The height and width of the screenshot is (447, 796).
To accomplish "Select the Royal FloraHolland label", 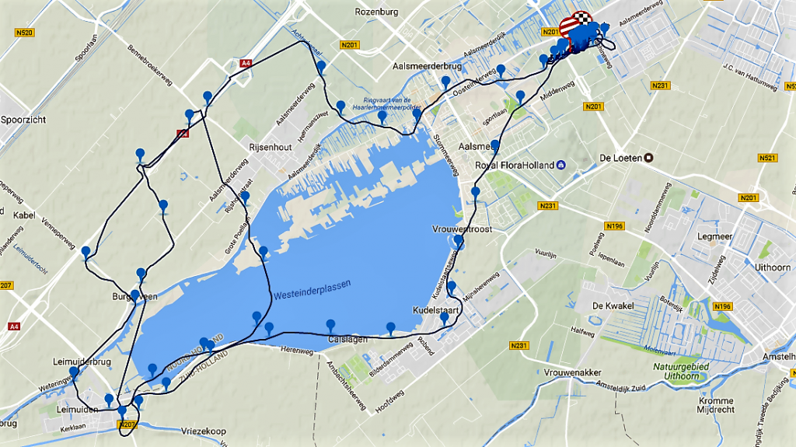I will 515,166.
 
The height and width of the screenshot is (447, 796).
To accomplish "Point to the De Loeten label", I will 620,158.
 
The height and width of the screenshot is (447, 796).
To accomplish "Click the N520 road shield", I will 24,33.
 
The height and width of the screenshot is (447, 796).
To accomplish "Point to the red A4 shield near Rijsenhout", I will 183,134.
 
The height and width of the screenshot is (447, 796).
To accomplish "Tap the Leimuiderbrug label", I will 81,362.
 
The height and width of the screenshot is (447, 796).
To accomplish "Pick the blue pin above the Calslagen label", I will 331,325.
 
